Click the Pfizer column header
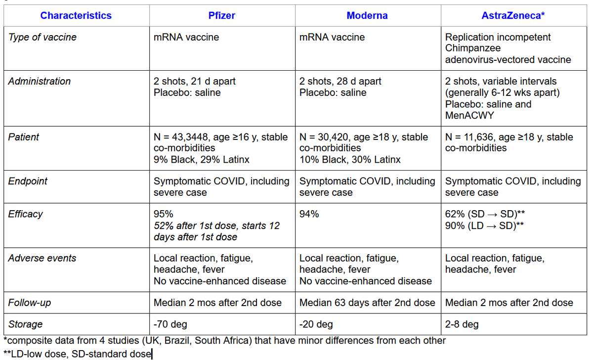(222, 16)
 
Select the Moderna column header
(367, 16)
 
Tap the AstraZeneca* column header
(513, 16)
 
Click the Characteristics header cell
(76, 16)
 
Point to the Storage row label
(26, 324)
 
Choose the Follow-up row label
(30, 303)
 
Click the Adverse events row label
(42, 258)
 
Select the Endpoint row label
(28, 181)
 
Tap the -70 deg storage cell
(171, 324)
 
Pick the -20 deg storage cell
(316, 324)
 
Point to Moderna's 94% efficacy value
(309, 214)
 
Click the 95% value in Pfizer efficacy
(164, 214)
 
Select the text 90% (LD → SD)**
(484, 225)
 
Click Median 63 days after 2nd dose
(367, 303)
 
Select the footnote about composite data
(224, 341)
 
